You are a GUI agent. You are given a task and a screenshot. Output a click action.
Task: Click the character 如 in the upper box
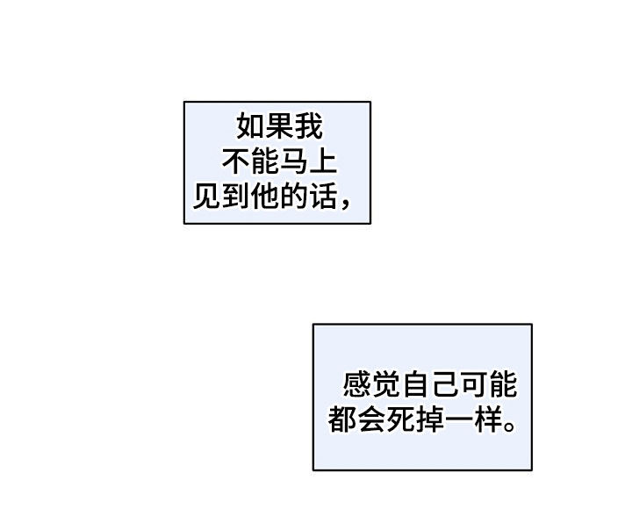coord(251,126)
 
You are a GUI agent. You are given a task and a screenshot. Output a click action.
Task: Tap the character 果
coord(279,126)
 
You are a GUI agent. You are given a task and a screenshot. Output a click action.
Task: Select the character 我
coord(309,126)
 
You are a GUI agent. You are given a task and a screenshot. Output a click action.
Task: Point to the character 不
coord(236,162)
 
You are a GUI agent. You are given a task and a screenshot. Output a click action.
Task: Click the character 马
coord(294,162)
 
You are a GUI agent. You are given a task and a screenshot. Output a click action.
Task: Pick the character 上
coord(323,162)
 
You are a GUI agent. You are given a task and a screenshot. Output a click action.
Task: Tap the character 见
coord(207,197)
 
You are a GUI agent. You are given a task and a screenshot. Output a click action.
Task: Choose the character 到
coord(236,197)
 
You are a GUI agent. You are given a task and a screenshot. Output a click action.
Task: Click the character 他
coord(265,197)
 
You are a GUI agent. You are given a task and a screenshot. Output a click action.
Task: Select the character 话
coord(323,197)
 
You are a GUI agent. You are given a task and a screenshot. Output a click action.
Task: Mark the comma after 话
coord(345,205)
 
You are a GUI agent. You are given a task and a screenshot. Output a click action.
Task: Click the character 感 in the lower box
coord(357,384)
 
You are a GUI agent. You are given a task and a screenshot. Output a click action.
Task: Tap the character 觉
coord(386,384)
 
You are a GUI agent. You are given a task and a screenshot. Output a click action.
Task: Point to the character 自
coord(415,384)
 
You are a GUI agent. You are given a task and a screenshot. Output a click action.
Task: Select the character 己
coord(444,384)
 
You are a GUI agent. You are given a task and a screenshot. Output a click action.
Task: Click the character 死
coord(400,419)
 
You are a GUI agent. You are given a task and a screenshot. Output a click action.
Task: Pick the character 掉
coord(429,419)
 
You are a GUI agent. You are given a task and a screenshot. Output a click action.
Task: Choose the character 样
coord(488,419)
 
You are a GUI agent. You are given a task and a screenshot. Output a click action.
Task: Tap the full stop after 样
coord(509,426)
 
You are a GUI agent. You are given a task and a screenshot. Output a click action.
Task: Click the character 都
coord(342,419)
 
